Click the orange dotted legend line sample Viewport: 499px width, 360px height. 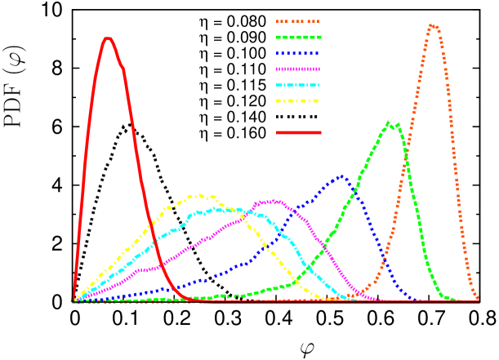pos(298,21)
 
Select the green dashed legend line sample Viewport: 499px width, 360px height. pos(298,37)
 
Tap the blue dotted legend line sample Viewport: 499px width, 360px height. pos(298,53)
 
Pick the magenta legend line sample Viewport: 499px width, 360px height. pos(298,69)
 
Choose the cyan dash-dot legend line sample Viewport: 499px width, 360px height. pos(298,85)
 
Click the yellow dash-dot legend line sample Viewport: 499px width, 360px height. pos(298,101)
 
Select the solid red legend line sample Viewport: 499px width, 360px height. pos(298,132)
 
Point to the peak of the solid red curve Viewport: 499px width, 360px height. pos(107,38)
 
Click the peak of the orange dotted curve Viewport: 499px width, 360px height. pos(433,25)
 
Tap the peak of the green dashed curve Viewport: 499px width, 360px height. pos(390,123)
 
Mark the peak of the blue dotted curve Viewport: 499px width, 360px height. pos(341,175)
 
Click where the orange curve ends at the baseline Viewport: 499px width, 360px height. pos(479,300)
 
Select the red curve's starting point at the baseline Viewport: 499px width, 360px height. pos(73,300)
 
